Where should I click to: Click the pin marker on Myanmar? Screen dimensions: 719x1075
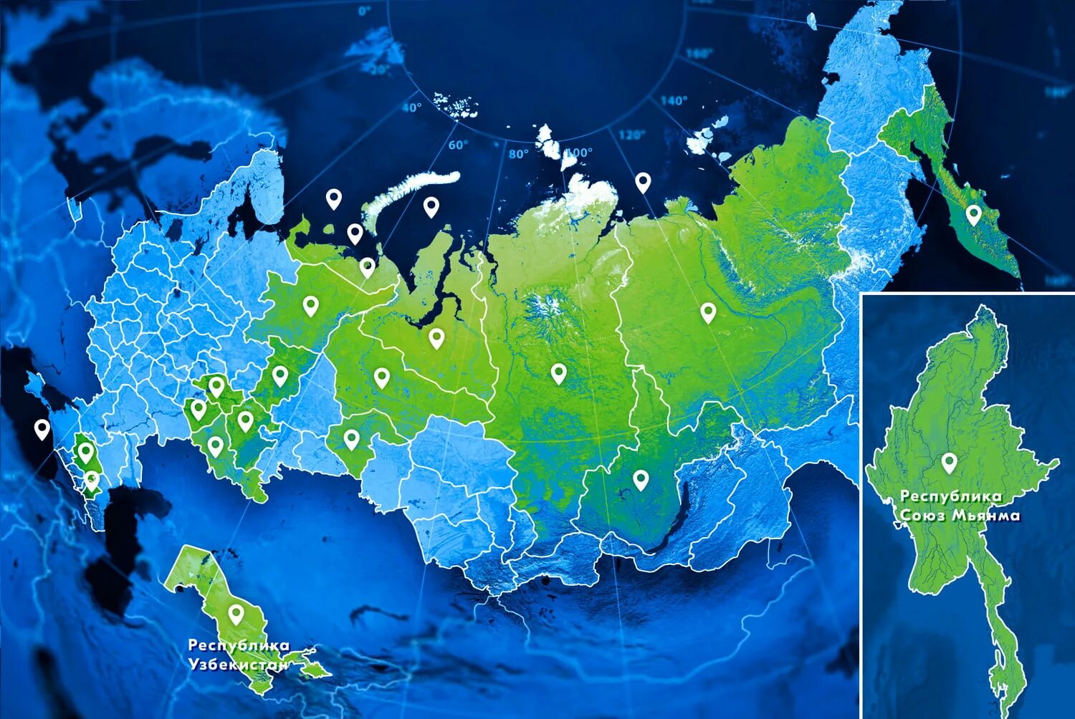[949, 463]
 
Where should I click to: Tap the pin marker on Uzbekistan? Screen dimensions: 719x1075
[236, 614]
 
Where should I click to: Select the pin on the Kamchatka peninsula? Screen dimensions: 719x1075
[973, 213]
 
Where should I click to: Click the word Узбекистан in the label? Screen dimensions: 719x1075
[238, 664]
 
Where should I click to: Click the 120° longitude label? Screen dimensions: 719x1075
[631, 135]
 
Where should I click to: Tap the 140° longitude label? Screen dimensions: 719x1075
[673, 101]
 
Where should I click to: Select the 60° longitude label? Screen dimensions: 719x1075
[458, 145]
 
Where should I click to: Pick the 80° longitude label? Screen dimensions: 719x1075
[518, 153]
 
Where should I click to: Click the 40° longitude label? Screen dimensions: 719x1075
[411, 107]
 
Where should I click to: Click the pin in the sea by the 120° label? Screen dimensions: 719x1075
[643, 182]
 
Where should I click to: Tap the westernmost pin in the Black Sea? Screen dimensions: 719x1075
[42, 429]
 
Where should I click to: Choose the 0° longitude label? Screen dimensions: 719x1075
[365, 11]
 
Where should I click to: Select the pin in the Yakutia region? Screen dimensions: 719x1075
[708, 312]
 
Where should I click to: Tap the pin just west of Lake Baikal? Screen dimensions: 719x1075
[640, 479]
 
